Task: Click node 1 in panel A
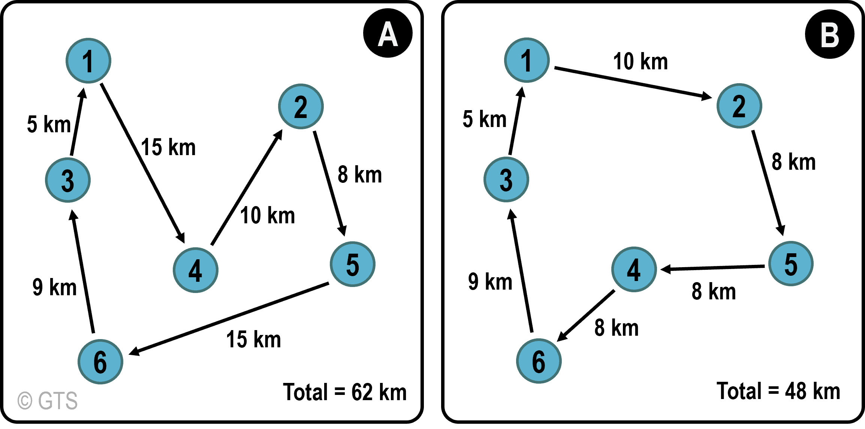pos(88,61)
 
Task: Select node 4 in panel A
pos(196,270)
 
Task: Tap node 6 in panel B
pos(539,361)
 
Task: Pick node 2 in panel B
pos(739,106)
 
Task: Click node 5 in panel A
pos(353,264)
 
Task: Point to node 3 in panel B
pos(506,179)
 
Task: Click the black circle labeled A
pos(388,33)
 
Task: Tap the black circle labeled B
pos(830,34)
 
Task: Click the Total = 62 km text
pos(345,392)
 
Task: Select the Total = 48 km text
pos(778,391)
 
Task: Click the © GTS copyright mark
pos(48,401)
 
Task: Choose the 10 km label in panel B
pos(641,61)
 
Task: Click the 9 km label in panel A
pos(55,287)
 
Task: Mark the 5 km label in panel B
pos(485,119)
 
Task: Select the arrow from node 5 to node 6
pos(229,318)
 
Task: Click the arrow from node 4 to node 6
pos(586,316)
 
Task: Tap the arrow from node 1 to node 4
pos(143,163)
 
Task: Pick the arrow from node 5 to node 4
pos(712,268)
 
